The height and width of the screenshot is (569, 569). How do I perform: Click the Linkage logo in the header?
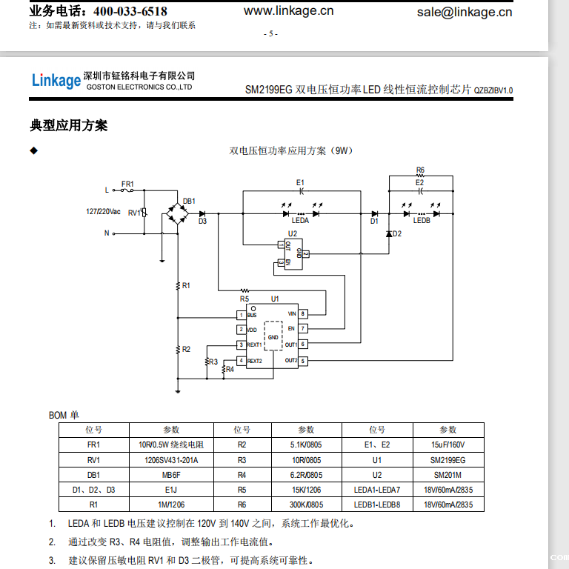pos(56,80)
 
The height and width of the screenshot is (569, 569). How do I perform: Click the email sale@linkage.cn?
pos(464,11)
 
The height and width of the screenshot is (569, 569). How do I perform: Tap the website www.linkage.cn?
pos(288,10)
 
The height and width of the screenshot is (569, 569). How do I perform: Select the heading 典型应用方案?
pos(69,125)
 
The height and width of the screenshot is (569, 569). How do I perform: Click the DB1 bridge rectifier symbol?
pos(178,214)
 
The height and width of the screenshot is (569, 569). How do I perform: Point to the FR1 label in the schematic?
pos(127,183)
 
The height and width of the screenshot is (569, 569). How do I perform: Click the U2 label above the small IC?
pos(292,233)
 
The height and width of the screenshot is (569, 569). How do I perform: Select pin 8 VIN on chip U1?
pos(303,314)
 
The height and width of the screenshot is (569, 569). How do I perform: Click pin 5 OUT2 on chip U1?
pos(303,361)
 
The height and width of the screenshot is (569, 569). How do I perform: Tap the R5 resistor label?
pos(244,299)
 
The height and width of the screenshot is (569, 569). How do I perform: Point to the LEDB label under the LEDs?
pos(422,220)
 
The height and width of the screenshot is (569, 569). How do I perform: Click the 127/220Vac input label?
pos(103,211)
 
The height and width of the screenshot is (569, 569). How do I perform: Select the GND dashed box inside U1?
pos(273,336)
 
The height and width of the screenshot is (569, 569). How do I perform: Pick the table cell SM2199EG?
pos(447,460)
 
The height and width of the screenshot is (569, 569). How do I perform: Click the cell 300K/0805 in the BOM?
pos(306,505)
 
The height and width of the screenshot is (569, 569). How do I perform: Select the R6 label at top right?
pos(420,170)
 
